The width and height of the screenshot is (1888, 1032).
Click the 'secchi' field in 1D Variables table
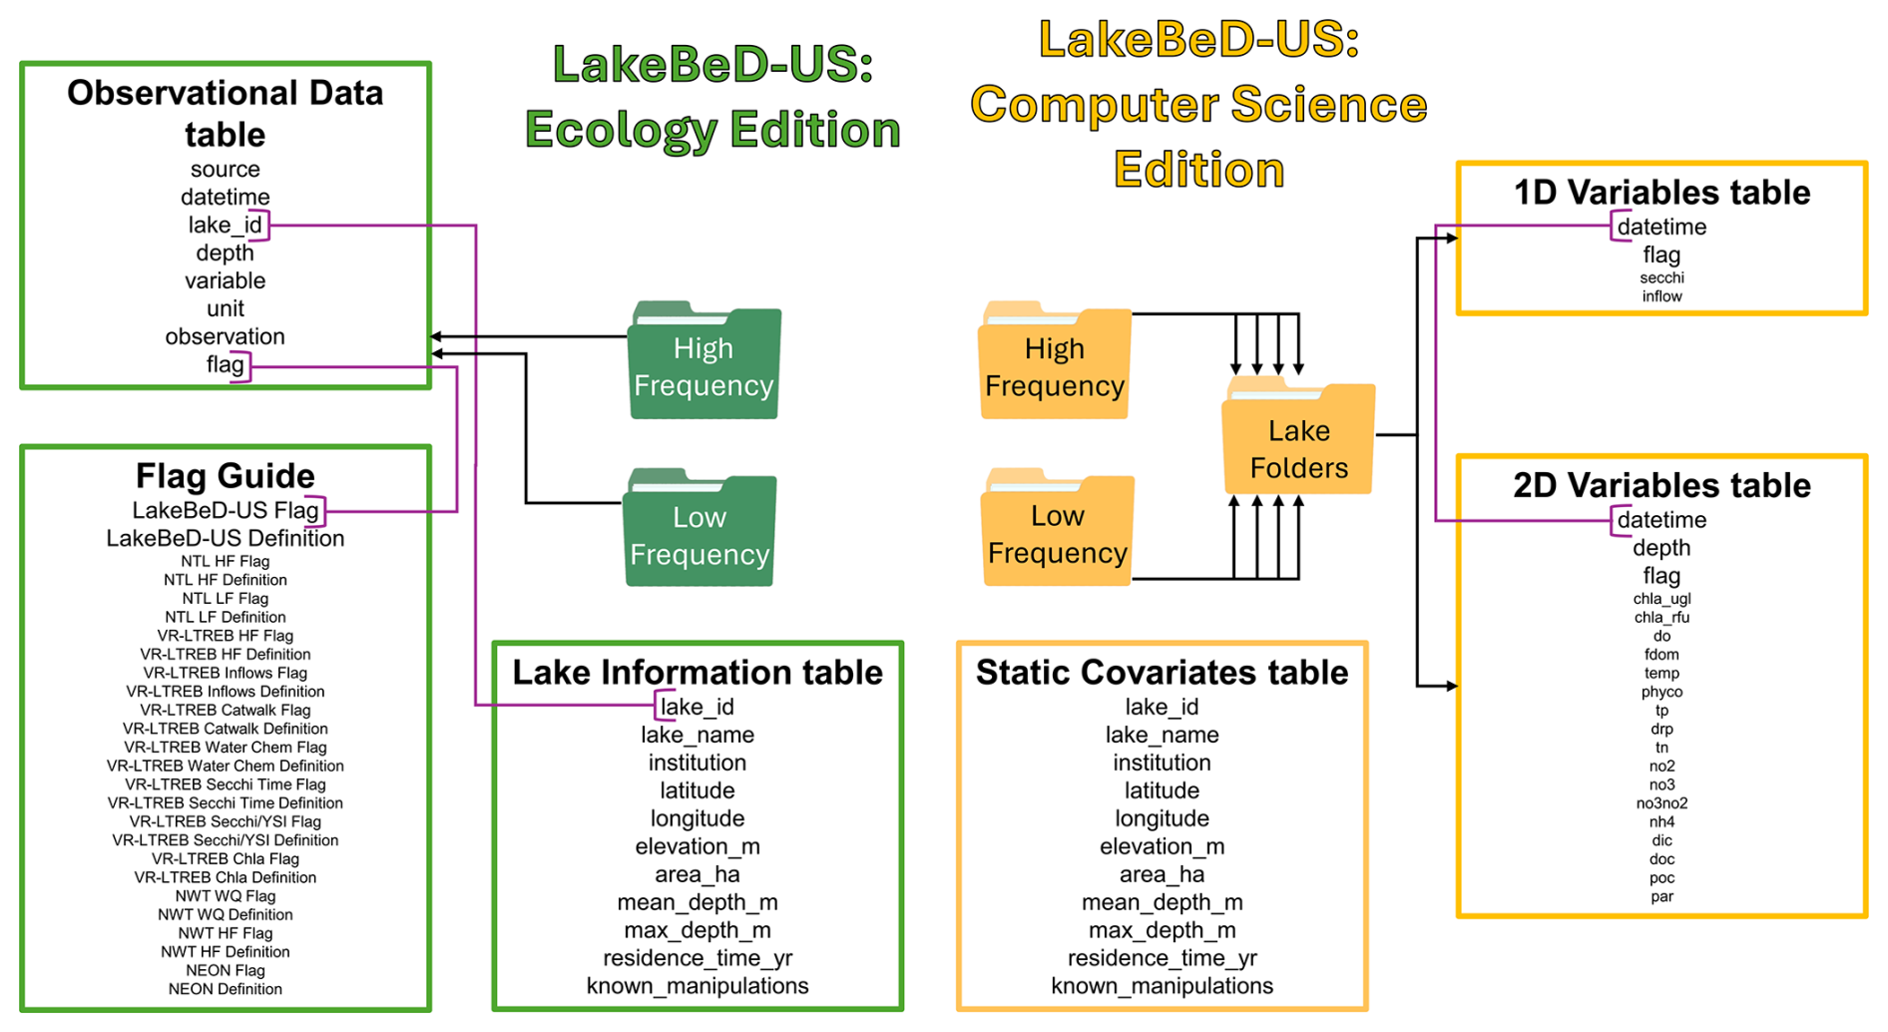[1661, 277]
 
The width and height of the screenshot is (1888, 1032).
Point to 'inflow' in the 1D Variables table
[1661, 296]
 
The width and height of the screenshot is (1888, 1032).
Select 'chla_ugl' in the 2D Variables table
[1661, 599]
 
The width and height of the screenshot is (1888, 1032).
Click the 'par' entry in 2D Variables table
[1661, 896]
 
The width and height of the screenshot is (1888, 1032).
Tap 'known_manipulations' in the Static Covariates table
[1162, 986]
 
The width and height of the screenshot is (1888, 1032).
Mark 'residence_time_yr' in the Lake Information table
[698, 958]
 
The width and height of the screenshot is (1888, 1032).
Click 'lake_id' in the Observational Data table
[225, 226]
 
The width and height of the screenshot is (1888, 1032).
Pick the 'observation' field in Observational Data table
[225, 336]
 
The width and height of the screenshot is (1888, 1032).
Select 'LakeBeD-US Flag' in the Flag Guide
[225, 510]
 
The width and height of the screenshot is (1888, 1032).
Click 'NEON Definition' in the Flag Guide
[225, 989]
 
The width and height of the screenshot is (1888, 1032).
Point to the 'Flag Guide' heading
[225, 476]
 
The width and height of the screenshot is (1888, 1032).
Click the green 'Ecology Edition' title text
[712, 130]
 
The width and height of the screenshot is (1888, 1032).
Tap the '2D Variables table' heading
[1661, 485]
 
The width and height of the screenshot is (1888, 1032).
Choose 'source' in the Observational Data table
[225, 170]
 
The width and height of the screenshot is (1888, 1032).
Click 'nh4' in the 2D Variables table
[1661, 822]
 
